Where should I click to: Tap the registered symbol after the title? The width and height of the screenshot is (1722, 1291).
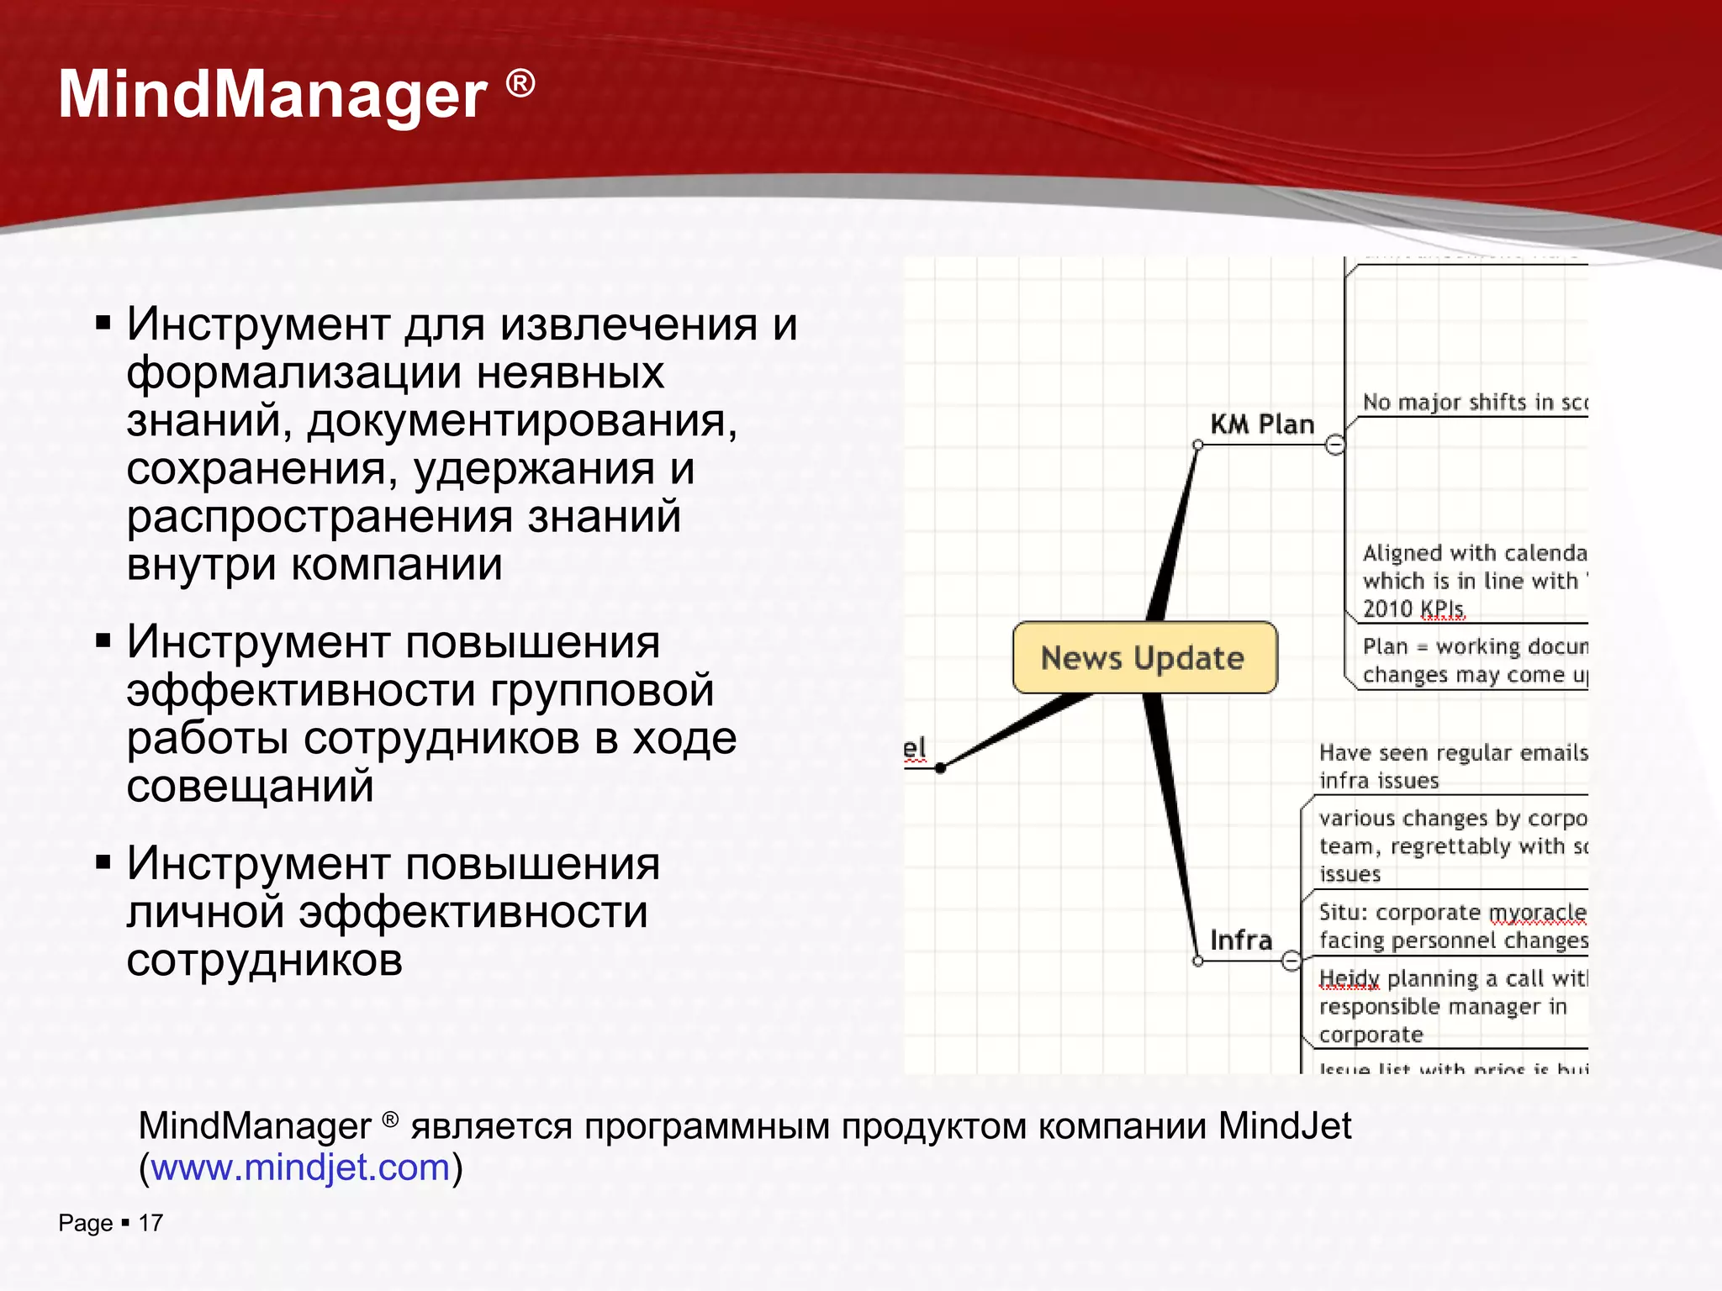click(x=520, y=83)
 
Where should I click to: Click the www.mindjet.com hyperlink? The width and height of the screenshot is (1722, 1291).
click(x=300, y=1167)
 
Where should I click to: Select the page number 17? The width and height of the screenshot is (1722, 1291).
click(x=151, y=1223)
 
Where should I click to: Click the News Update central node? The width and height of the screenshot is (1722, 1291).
click(x=1144, y=658)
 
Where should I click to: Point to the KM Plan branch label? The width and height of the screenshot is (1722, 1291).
click(x=1261, y=424)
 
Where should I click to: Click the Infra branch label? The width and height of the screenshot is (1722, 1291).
click(x=1240, y=940)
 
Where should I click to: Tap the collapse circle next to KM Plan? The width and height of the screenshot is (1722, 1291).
click(x=1334, y=445)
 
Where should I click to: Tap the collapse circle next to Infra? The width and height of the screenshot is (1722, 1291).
click(x=1291, y=961)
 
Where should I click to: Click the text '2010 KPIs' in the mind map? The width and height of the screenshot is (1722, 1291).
click(x=1413, y=609)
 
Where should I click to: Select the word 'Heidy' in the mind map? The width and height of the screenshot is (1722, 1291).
click(x=1349, y=978)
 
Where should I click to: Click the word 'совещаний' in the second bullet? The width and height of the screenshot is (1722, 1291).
click(x=250, y=787)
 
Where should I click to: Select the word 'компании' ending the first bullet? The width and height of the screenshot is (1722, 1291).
click(x=396, y=565)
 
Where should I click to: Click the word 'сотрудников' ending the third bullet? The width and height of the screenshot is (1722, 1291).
click(x=264, y=960)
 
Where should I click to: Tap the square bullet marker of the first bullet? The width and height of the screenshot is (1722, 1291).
click(x=103, y=324)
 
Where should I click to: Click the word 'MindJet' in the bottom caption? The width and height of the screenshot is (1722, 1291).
click(x=1285, y=1125)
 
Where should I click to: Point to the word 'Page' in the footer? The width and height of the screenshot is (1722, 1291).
click(x=85, y=1223)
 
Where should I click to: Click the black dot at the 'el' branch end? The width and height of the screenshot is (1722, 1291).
click(x=940, y=767)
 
